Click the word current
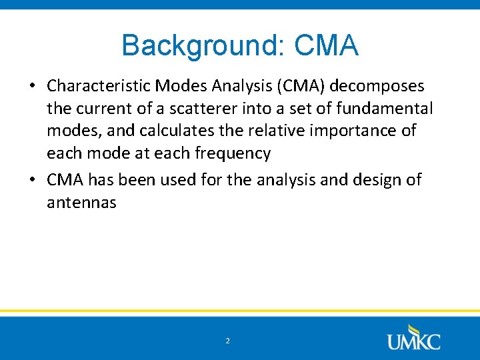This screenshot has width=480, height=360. click(101, 108)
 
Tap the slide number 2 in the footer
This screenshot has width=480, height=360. click(227, 341)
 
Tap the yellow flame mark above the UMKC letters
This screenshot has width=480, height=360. click(415, 328)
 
